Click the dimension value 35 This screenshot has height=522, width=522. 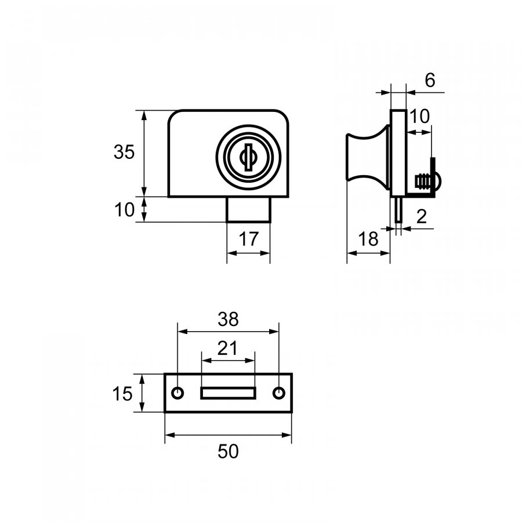[124, 152]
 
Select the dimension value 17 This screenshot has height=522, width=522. [249, 239]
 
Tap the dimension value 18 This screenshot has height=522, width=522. [368, 239]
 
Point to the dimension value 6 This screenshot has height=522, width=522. [430, 80]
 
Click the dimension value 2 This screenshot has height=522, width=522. [422, 217]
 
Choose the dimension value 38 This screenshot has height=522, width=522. [229, 319]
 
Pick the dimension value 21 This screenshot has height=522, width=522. [228, 349]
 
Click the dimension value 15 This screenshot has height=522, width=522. [122, 394]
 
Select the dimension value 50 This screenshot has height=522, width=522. [229, 452]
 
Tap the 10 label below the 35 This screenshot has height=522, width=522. [125, 210]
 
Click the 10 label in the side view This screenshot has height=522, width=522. [420, 117]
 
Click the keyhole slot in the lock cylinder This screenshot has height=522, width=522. [248, 157]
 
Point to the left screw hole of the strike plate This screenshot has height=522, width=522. [177, 393]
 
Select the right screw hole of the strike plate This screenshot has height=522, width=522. [279, 393]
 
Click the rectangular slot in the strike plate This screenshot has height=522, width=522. [228, 393]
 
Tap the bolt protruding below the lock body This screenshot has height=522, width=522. [249, 209]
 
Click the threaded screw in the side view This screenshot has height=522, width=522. [422, 182]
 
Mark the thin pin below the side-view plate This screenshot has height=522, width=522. [398, 209]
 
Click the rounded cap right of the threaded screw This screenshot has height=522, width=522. [438, 182]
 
